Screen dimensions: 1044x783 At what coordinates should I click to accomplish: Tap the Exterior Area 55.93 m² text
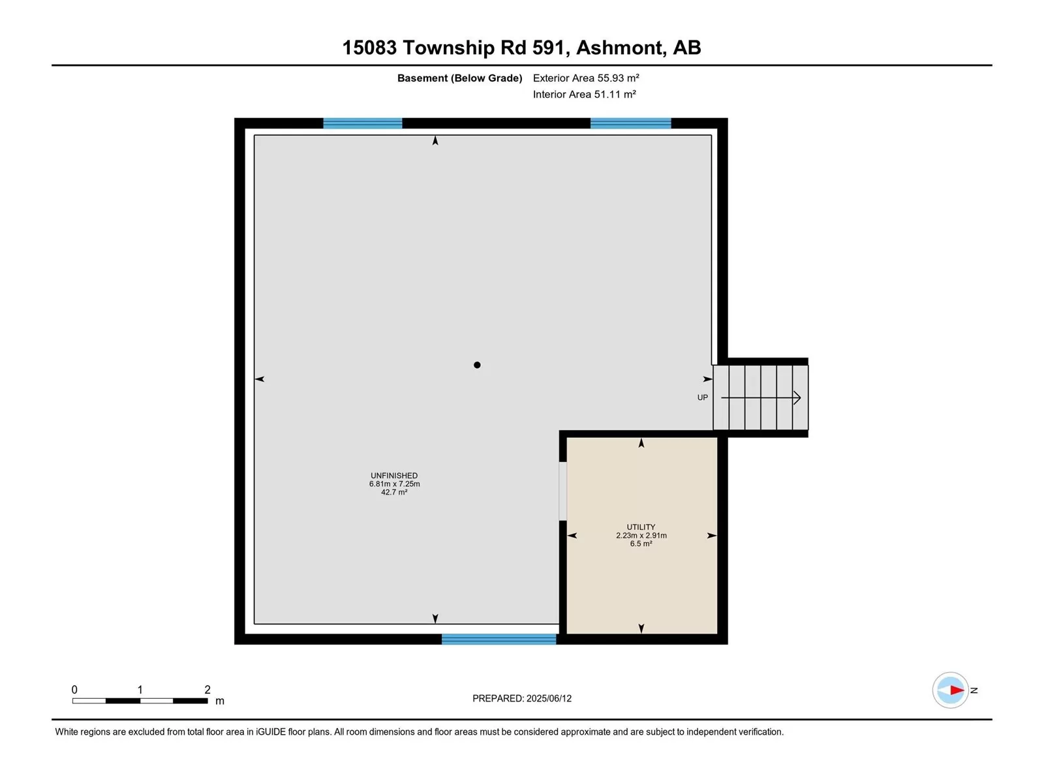click(585, 78)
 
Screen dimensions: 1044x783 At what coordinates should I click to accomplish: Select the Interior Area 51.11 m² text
click(584, 94)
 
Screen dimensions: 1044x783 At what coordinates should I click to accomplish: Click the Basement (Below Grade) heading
click(459, 78)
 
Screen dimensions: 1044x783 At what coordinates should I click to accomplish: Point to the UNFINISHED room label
click(394, 476)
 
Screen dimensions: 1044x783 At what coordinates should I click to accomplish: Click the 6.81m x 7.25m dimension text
click(394, 484)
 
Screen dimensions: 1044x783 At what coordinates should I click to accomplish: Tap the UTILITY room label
click(641, 527)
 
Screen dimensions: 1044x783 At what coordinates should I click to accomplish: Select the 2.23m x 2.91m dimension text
click(641, 535)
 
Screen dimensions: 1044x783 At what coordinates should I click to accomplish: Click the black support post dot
click(476, 365)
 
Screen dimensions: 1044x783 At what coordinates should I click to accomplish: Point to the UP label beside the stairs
click(702, 397)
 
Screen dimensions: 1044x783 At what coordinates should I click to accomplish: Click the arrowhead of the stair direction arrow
click(797, 397)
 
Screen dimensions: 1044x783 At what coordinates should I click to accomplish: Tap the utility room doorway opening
click(562, 491)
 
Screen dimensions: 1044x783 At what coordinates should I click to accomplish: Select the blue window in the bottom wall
click(499, 639)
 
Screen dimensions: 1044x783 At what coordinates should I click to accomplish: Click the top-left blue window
click(362, 123)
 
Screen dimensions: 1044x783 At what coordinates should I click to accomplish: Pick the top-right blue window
click(630, 123)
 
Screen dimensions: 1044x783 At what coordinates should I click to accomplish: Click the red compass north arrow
click(957, 689)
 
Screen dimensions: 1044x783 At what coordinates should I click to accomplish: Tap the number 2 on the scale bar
click(207, 689)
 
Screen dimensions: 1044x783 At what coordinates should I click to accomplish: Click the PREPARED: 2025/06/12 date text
click(522, 698)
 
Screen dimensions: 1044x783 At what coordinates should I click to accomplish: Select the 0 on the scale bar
click(74, 689)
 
